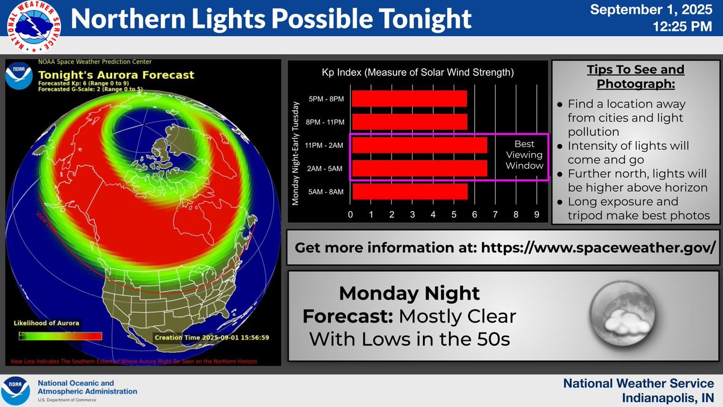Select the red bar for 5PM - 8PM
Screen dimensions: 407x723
[408, 98]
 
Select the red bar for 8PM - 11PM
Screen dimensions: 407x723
[408, 121]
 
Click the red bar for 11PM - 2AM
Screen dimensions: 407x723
[419, 145]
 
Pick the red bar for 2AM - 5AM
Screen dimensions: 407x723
[419, 168]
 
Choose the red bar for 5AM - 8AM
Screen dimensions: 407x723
[408, 191]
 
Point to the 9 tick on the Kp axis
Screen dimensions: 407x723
[537, 215]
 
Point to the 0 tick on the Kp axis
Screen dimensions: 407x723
[351, 215]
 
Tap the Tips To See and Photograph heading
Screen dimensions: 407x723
[636, 76]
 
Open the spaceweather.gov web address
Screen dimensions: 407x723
[598, 247]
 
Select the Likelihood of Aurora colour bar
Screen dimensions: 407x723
[58, 336]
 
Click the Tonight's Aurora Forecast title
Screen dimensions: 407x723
[116, 75]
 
